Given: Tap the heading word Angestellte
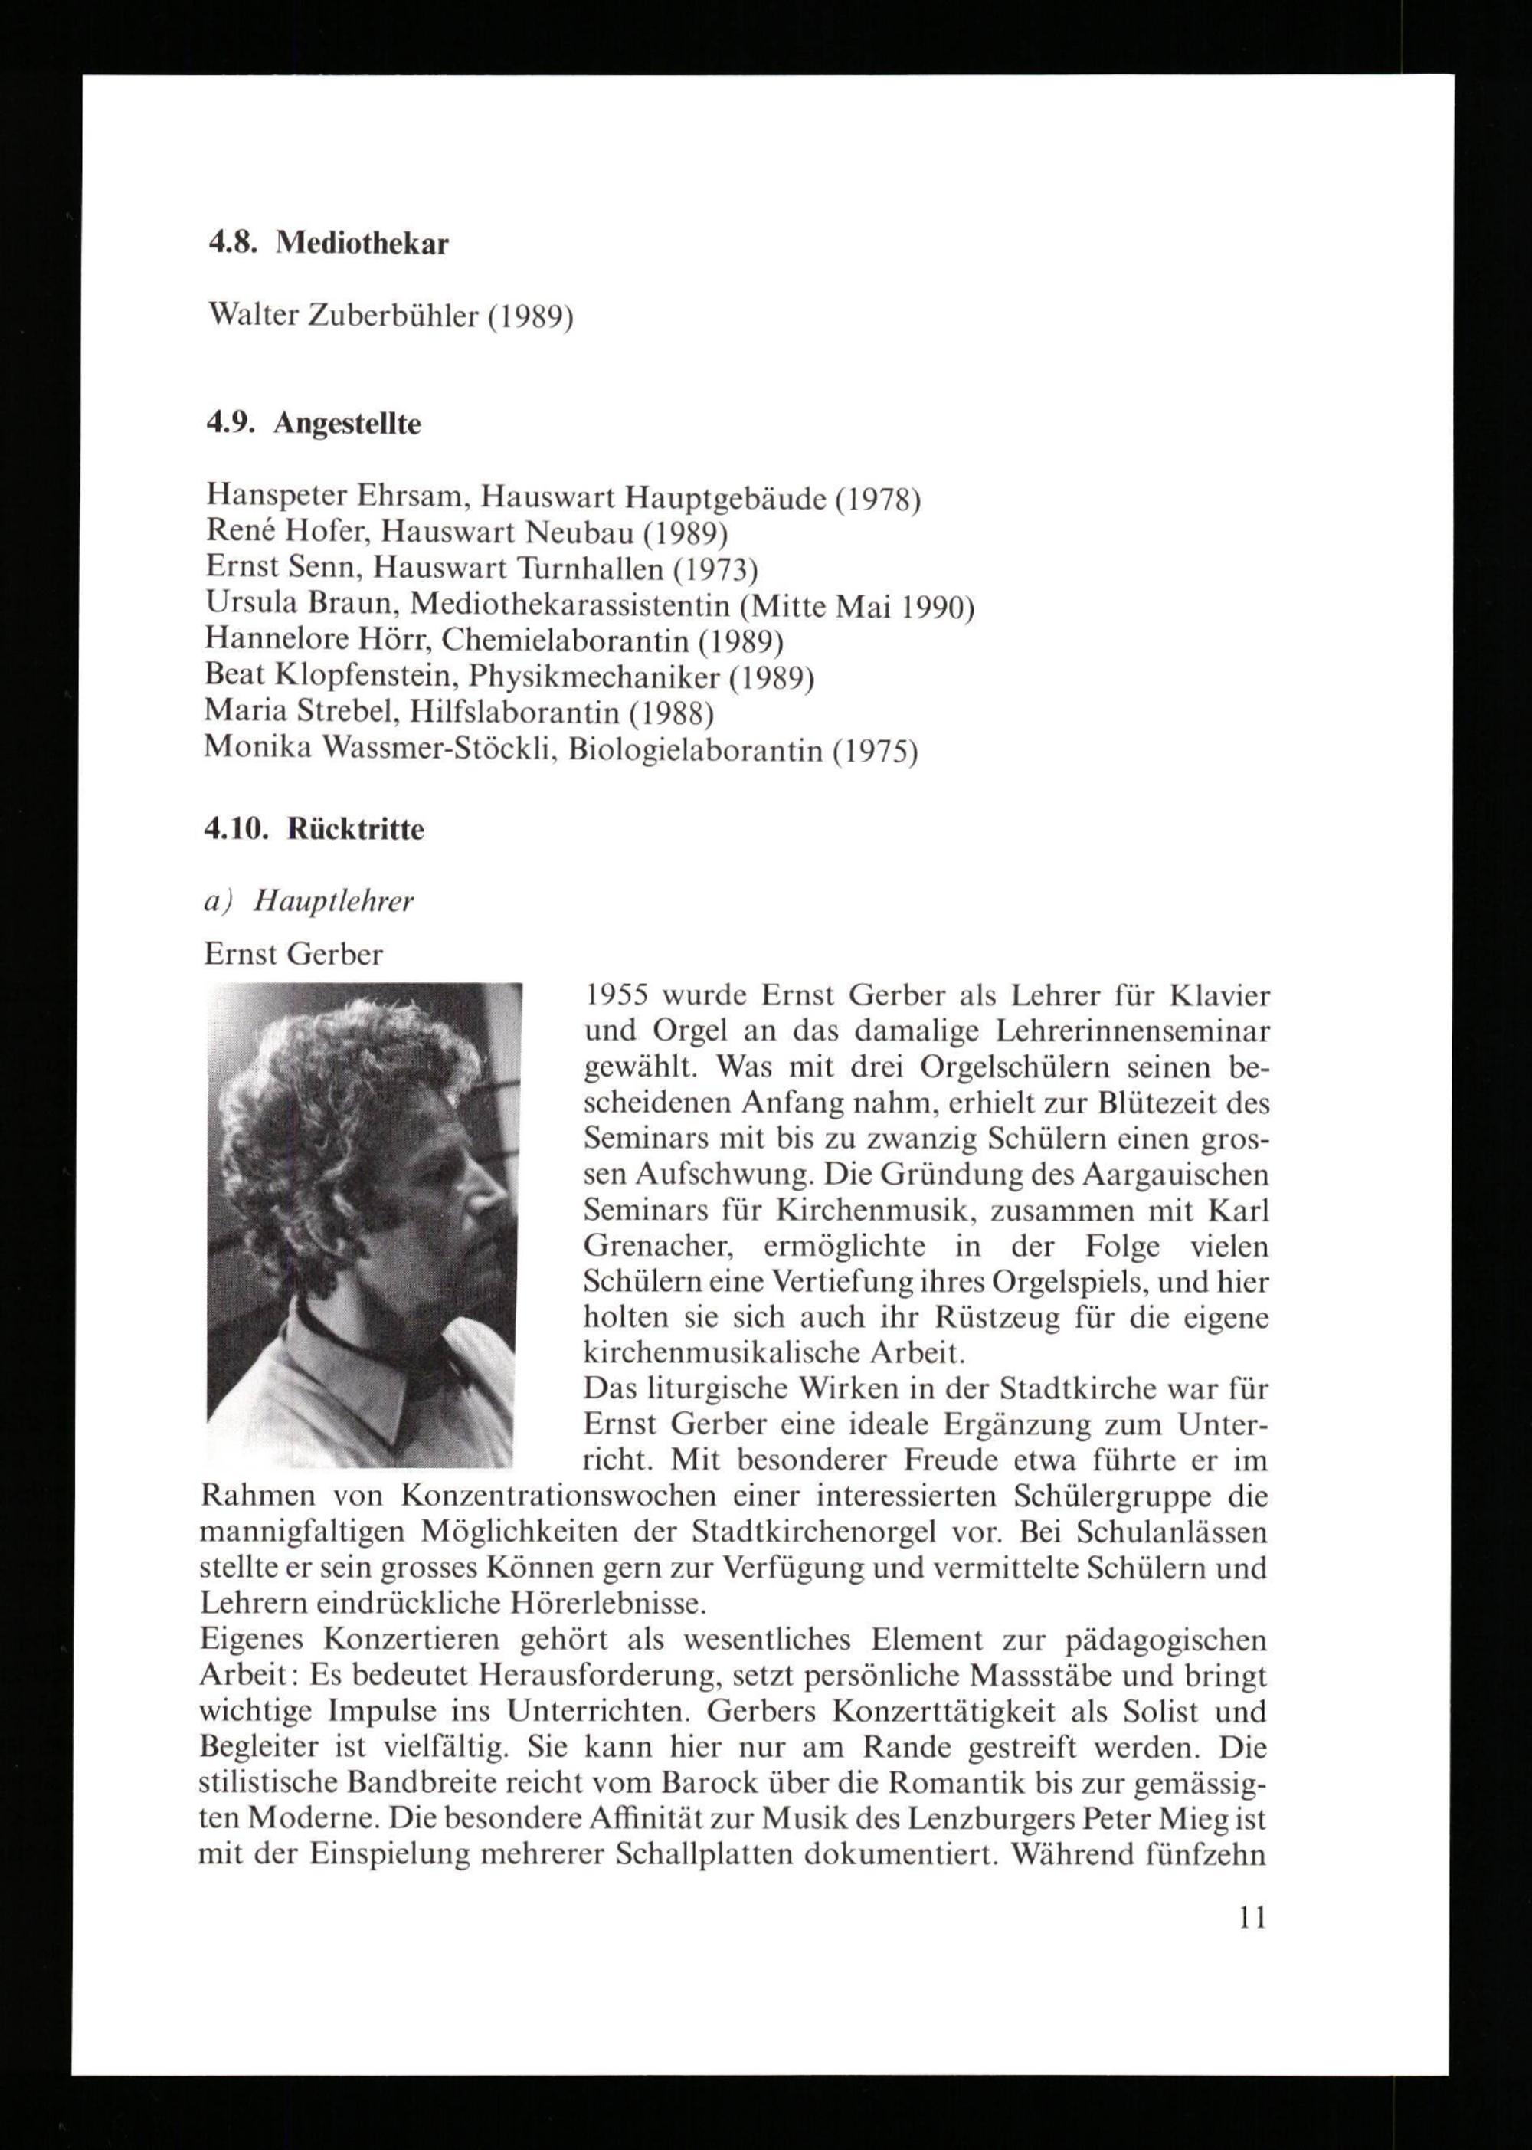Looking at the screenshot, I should point(347,424).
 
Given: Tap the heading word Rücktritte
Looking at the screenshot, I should point(355,830).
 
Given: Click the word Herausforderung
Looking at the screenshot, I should point(599,1676).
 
